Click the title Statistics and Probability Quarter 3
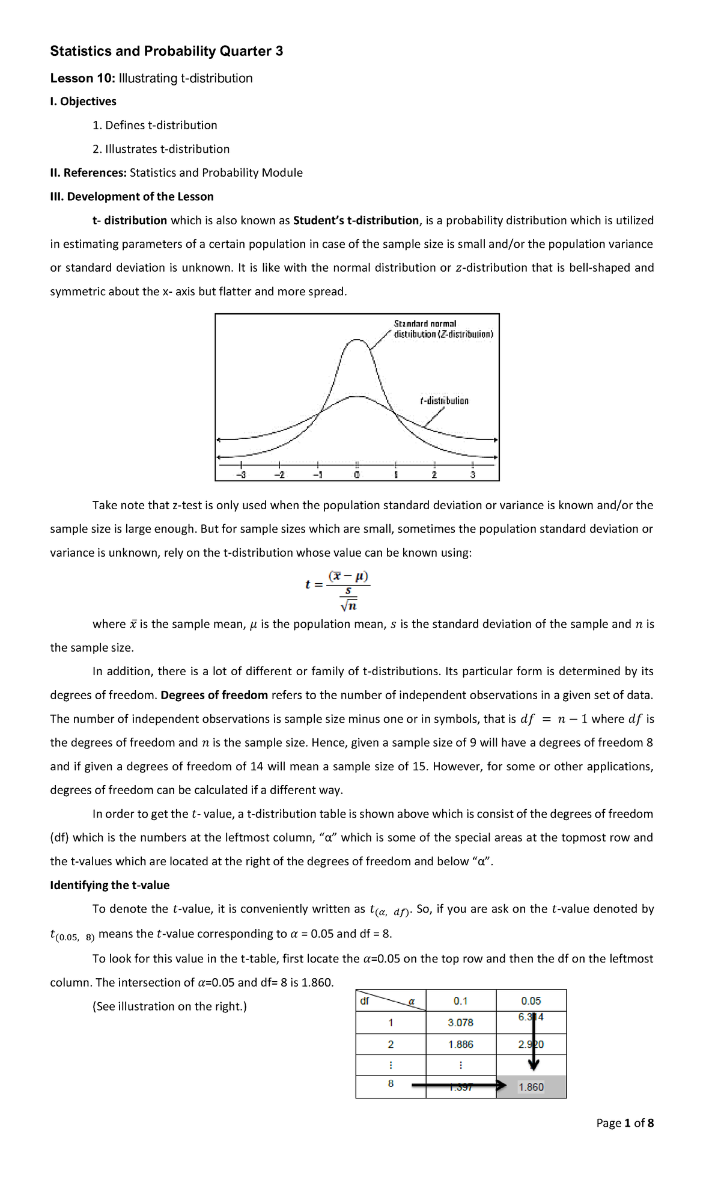coord(166,51)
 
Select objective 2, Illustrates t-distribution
coord(160,149)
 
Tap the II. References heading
coord(88,173)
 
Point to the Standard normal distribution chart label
coord(443,329)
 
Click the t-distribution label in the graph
coord(444,400)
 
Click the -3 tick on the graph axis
coord(240,474)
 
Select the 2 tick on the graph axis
coord(434,474)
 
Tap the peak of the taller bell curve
coord(357,341)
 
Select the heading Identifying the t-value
coord(109,885)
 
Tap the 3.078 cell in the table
coord(460,1022)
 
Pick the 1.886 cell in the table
coord(460,1044)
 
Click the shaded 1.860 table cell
coord(531,1087)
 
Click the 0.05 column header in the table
coord(531,1000)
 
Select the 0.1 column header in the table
coord(460,1000)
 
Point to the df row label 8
coord(391,1083)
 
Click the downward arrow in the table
coord(534,1046)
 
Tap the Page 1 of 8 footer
coord(624,1122)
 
